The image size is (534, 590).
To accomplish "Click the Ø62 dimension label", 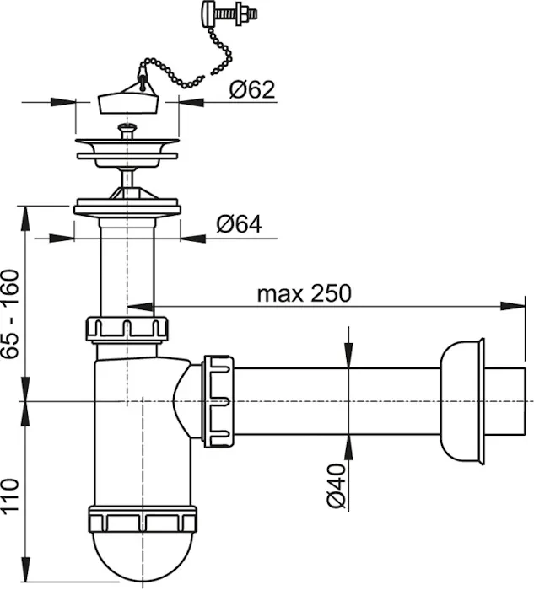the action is [x=252, y=89].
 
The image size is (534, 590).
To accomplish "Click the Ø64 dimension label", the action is [x=239, y=225].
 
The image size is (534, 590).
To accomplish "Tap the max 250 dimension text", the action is [x=304, y=293].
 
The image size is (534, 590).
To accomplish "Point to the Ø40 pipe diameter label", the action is [x=337, y=485].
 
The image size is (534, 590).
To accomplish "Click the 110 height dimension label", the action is [x=10, y=495].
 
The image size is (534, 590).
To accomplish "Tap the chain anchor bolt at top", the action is [x=229, y=14].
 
